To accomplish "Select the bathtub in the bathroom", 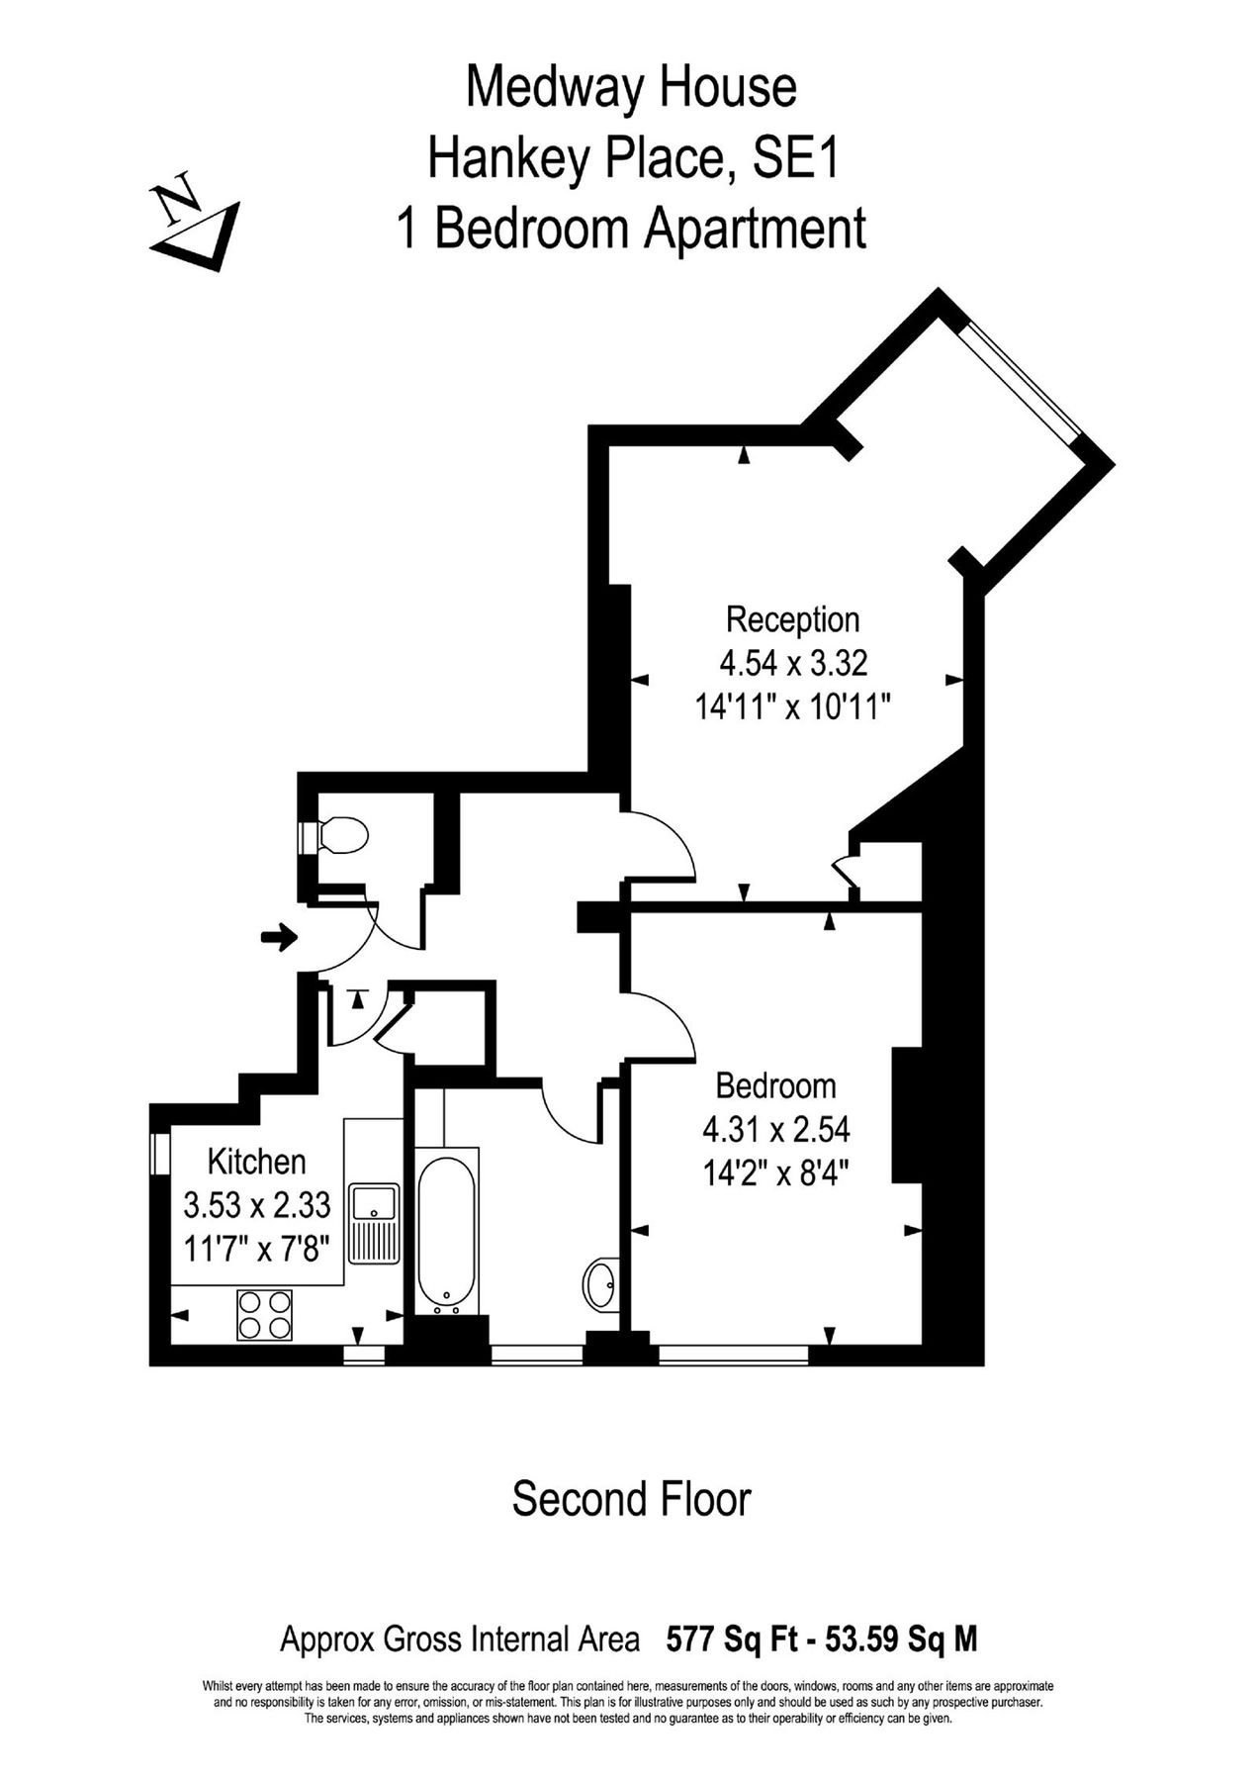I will (x=447, y=1232).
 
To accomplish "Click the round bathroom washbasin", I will (x=599, y=1284).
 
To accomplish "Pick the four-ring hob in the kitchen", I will (x=264, y=1315).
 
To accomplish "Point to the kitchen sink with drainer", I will (x=373, y=1223).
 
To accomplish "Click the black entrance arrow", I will (x=280, y=937).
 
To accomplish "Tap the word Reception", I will (x=792, y=619).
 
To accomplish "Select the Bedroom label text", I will (x=775, y=1085).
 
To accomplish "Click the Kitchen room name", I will (x=256, y=1161).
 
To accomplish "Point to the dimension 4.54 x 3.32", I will (x=793, y=662).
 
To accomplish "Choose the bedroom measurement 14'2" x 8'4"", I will (x=776, y=1173).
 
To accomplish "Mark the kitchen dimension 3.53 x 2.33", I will (x=256, y=1205).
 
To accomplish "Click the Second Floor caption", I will (x=631, y=1499).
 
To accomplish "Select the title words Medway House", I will (x=631, y=87).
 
